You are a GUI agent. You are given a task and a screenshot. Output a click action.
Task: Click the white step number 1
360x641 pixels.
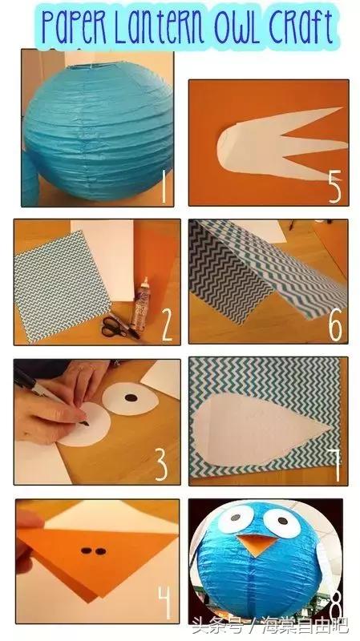click(164, 187)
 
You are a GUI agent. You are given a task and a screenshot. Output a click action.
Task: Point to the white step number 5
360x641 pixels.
click(334, 187)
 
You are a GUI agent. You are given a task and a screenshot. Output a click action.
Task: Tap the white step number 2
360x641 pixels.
click(167, 325)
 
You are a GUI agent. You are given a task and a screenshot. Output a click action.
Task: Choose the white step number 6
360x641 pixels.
click(335, 325)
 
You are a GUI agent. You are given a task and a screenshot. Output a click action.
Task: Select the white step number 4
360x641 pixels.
click(166, 603)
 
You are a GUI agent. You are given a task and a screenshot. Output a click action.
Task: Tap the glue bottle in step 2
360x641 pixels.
click(140, 304)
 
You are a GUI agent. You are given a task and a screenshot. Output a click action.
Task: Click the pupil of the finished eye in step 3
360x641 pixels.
click(131, 397)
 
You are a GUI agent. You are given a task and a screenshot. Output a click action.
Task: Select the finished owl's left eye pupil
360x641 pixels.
click(235, 518)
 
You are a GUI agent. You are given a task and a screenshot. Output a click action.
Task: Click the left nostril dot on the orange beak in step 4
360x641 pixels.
click(86, 550)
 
